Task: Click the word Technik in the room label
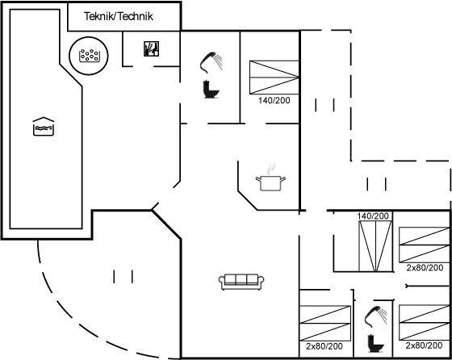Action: pos(136,16)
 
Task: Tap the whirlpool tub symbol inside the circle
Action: pos(89,56)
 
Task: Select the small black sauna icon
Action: pos(152,48)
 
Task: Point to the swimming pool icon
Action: pos(44,126)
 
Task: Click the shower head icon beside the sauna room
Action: pos(211,62)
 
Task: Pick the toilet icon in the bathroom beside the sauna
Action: pos(211,90)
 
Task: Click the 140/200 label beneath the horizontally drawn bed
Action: pos(274,100)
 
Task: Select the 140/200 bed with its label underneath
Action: pos(274,77)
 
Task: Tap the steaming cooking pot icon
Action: pos(270,178)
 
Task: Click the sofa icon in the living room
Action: pos(241,282)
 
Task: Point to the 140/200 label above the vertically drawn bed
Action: pos(373,216)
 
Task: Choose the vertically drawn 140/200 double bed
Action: pos(375,246)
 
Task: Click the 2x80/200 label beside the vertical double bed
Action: pos(425,268)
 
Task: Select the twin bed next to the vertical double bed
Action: pos(424,245)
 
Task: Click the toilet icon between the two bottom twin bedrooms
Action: pos(376,343)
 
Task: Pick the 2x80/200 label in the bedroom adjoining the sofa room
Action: pos(324,346)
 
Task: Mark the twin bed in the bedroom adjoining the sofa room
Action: pos(325,324)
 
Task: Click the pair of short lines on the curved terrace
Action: pos(123,276)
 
